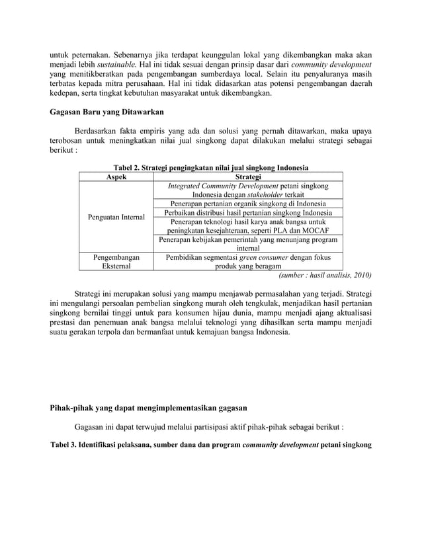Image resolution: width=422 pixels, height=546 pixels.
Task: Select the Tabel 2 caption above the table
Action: point(211,167)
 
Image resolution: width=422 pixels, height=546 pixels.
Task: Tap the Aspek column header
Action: point(116,176)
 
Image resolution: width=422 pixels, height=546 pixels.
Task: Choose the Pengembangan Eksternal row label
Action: point(116,262)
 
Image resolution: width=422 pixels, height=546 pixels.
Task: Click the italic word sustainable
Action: point(117,63)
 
